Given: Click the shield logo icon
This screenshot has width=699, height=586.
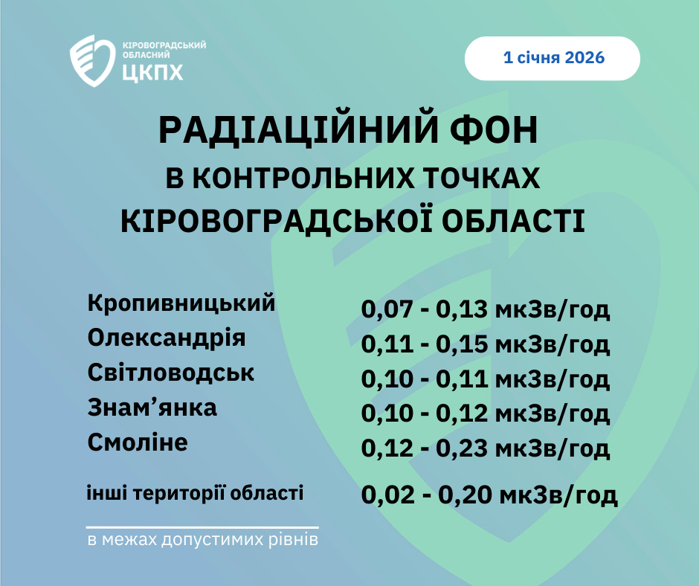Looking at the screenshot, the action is click(x=92, y=61).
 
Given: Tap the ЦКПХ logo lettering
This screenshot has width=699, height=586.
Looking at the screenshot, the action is click(x=152, y=72).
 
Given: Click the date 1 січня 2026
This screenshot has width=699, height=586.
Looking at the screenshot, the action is click(x=554, y=57).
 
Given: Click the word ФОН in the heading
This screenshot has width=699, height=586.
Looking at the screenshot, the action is click(x=494, y=130).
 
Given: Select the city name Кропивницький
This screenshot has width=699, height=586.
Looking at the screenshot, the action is click(x=181, y=303).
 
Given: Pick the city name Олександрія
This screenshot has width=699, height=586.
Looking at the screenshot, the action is click(x=167, y=338).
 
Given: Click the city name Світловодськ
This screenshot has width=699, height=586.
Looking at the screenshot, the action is click(x=171, y=373).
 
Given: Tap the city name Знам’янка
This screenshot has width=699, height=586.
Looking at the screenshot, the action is click(x=152, y=408).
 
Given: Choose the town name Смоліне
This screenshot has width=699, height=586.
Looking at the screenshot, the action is click(x=138, y=442).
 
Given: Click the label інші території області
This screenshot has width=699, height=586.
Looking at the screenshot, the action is click(x=196, y=493).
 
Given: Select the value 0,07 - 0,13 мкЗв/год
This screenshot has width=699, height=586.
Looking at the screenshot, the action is click(x=485, y=309).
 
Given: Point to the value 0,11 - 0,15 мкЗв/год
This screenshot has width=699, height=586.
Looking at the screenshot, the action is click(x=485, y=344).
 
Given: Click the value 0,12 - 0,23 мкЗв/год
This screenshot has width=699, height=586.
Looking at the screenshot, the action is click(x=485, y=448).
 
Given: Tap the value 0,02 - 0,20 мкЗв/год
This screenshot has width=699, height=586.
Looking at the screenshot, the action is click(x=489, y=495).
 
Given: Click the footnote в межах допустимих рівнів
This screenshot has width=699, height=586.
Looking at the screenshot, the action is click(x=203, y=540).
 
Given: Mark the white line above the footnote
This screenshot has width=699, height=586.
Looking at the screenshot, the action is click(x=202, y=527).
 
